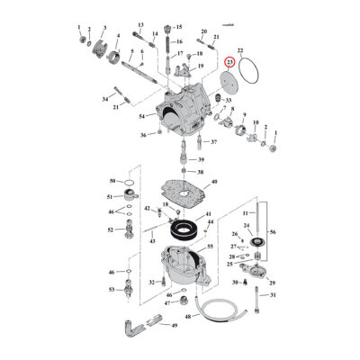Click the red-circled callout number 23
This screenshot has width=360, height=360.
pos(230,62)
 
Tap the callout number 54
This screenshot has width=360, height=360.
pos(142,117)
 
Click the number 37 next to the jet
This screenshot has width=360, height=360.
pos(213,142)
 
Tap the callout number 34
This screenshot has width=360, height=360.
pos(104,98)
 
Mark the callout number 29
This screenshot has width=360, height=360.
pos(273,283)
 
